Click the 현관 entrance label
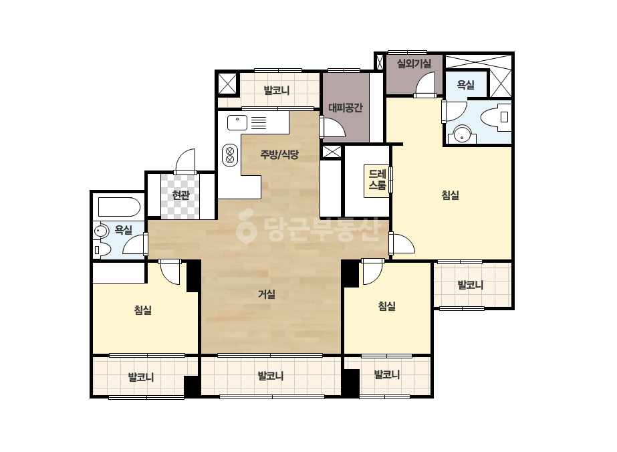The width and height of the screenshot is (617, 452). pyautogui.click(x=181, y=195)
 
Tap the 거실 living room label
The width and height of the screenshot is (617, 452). pyautogui.click(x=267, y=294)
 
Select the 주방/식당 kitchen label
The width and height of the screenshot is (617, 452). pyautogui.click(x=279, y=154)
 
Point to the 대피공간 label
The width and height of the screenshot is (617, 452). pyautogui.click(x=345, y=108)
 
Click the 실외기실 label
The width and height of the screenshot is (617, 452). pyautogui.click(x=414, y=64)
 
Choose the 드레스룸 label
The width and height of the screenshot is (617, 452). pyautogui.click(x=377, y=180)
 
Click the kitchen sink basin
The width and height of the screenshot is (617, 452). pyautogui.click(x=237, y=122)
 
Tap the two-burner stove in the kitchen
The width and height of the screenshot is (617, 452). pyautogui.click(x=230, y=155)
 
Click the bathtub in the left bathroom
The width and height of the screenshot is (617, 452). pyautogui.click(x=119, y=207)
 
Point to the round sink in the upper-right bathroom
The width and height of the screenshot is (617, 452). pyautogui.click(x=462, y=134)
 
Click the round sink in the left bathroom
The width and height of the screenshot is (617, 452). pyautogui.click(x=102, y=231)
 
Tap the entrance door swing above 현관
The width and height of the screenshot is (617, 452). pyautogui.click(x=185, y=161)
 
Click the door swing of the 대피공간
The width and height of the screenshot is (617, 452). pyautogui.click(x=333, y=127)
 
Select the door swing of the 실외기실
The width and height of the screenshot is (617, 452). pyautogui.click(x=425, y=86)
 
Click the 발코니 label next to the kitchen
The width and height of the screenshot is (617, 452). pyautogui.click(x=277, y=90)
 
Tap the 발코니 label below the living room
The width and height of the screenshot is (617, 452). pyautogui.click(x=271, y=376)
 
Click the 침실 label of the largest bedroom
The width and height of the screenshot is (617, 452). pyautogui.click(x=451, y=195)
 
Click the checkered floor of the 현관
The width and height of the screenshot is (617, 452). pyautogui.click(x=180, y=197)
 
